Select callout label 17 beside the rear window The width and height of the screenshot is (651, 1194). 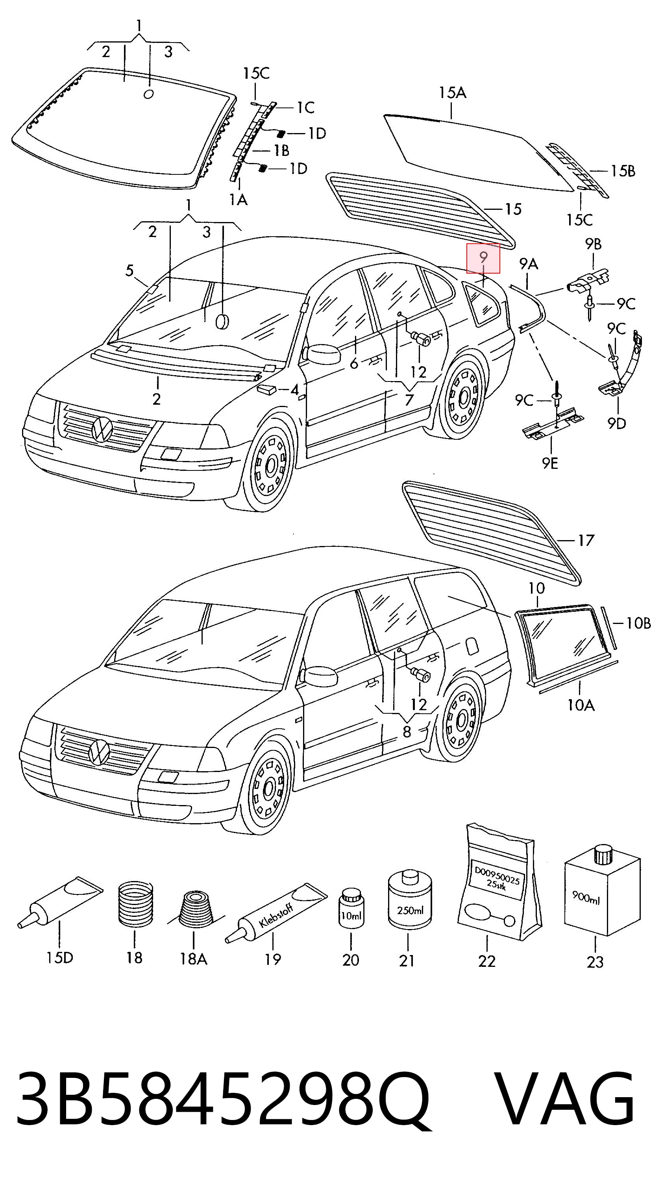pos(586,541)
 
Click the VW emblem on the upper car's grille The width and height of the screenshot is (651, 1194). pos(102,429)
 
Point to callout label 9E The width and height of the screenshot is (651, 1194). pos(551,463)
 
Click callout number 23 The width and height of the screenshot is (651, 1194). pos(595,962)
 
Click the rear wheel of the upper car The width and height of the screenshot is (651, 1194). pos(464,396)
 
